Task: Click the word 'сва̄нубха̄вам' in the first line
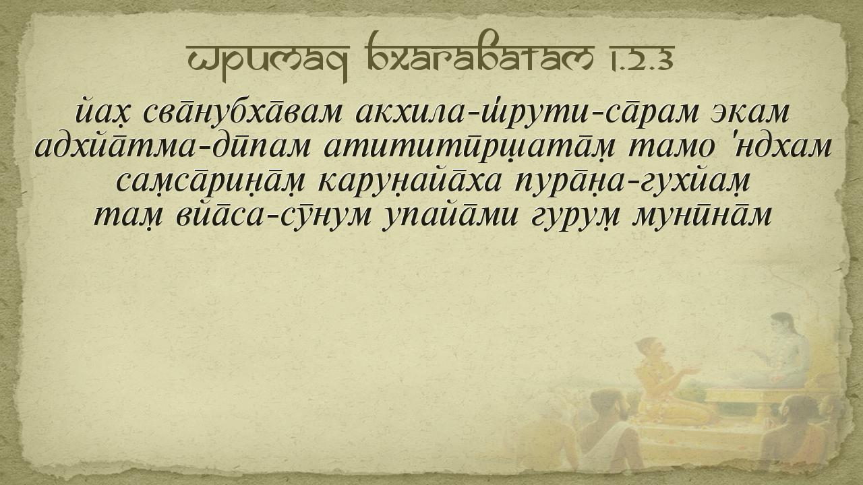[242, 112]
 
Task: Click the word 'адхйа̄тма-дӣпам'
[172, 148]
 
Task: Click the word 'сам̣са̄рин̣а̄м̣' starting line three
[210, 183]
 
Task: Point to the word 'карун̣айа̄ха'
[411, 182]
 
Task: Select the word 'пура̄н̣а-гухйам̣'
[632, 183]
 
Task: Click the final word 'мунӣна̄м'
[702, 216]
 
